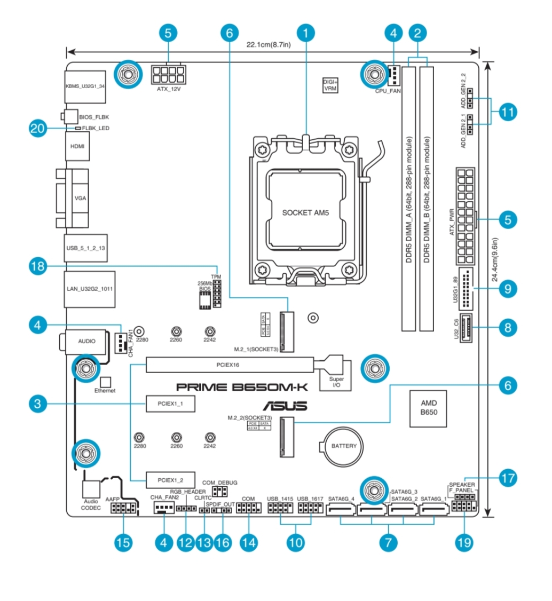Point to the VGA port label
click(80, 197)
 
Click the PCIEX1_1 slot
click(171, 404)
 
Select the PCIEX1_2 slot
click(171, 480)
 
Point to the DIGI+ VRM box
click(330, 85)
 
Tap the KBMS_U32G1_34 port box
click(85, 86)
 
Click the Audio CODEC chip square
click(92, 488)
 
